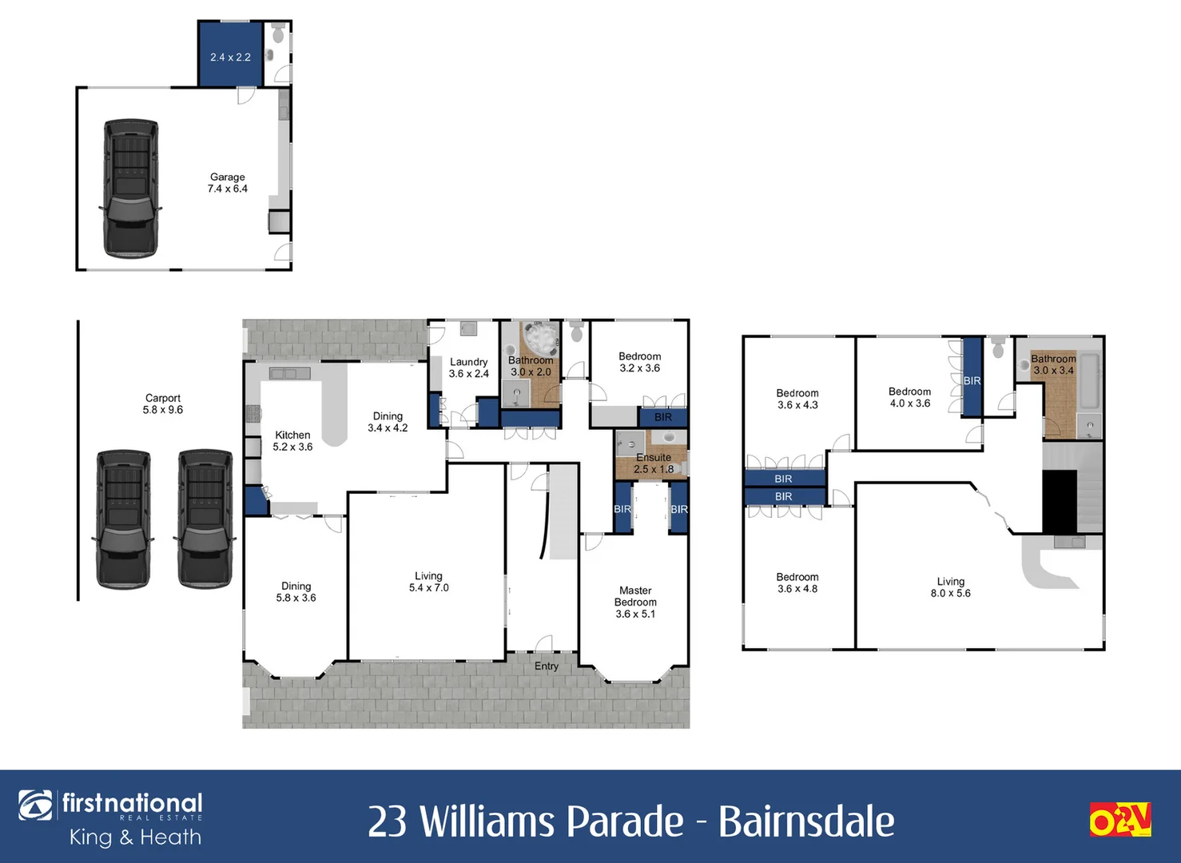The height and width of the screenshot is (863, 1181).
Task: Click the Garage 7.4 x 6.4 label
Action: tap(227, 183)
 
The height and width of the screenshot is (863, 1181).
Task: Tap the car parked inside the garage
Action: tap(131, 189)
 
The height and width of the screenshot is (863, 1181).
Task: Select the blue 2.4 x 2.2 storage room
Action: tap(230, 54)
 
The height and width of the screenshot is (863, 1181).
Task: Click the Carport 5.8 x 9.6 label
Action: tap(163, 404)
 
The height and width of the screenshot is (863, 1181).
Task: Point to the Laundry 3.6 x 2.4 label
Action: tap(469, 368)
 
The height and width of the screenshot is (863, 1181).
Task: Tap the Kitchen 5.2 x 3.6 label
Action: tap(292, 441)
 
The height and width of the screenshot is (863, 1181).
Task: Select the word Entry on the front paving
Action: tap(547, 666)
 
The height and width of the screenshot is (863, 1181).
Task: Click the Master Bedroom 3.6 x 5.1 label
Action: tap(635, 602)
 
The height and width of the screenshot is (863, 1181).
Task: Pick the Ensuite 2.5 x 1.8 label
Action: tap(654, 463)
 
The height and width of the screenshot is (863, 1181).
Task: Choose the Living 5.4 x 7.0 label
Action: tap(428, 582)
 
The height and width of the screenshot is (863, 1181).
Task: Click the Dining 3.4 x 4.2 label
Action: tap(388, 422)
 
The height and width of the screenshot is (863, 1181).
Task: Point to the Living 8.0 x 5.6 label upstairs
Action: tap(951, 587)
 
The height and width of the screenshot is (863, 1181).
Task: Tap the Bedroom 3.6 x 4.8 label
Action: tap(797, 583)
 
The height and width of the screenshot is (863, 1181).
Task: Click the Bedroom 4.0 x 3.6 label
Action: tap(909, 397)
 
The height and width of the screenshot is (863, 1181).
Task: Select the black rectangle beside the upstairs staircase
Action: tap(1060, 501)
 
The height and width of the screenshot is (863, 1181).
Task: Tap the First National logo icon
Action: tap(35, 805)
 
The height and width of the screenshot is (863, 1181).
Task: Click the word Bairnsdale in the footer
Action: tap(806, 821)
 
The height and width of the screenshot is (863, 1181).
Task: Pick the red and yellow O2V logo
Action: tap(1120, 820)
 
